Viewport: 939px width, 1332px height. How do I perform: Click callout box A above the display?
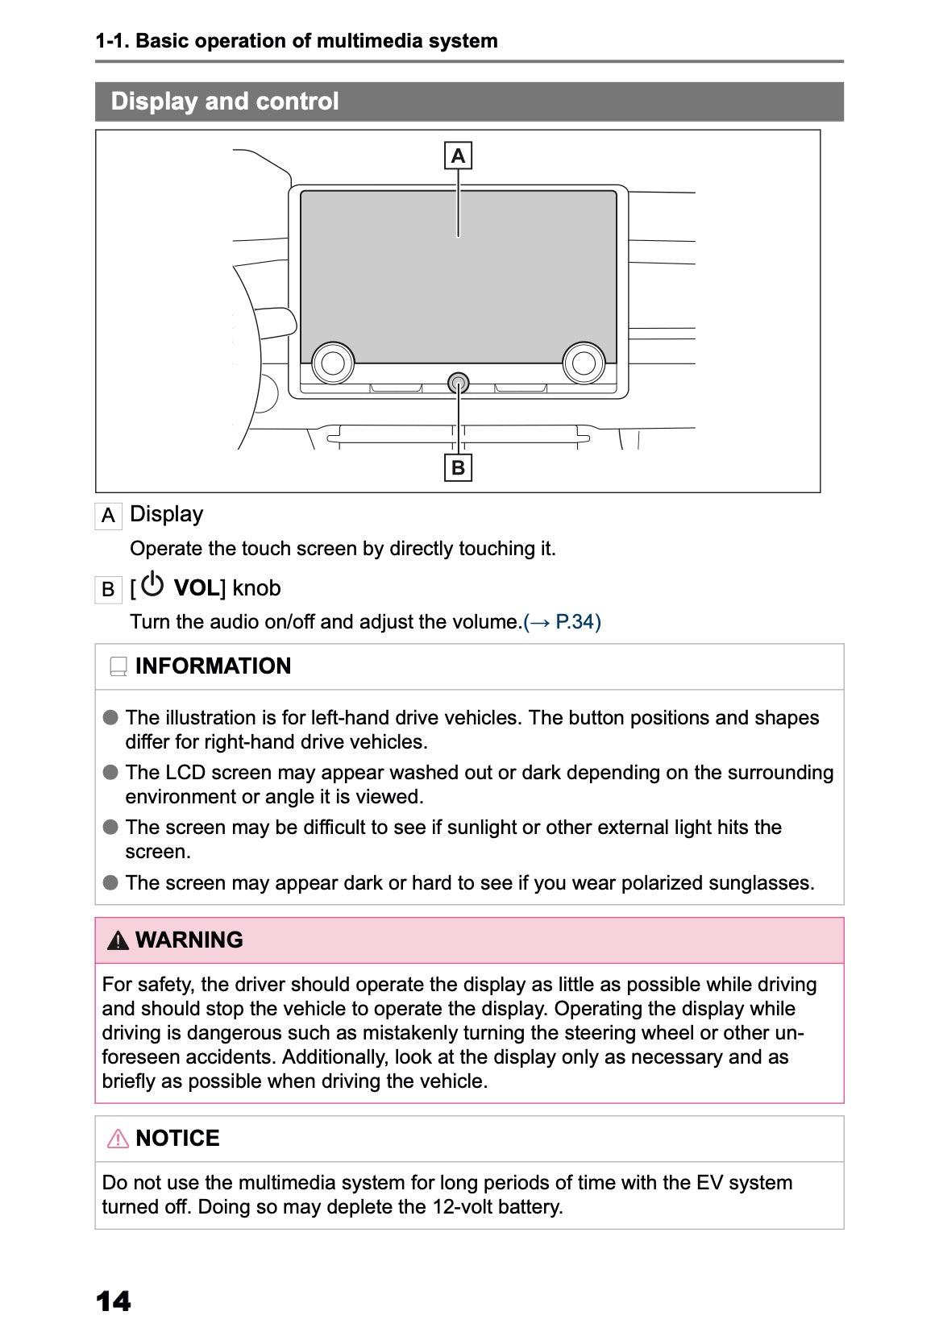[x=458, y=156]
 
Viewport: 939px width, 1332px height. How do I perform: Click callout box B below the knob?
[x=458, y=467]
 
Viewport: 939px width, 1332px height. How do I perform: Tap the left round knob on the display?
[x=333, y=363]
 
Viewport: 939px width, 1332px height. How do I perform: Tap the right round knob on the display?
[x=584, y=363]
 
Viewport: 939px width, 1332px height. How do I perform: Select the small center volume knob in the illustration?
[x=458, y=383]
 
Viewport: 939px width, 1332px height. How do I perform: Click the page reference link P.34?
[x=563, y=622]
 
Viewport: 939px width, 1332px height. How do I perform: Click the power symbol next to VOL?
[x=152, y=585]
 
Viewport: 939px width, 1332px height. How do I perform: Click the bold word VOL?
[x=196, y=588]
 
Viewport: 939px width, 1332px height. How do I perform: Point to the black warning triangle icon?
[x=118, y=940]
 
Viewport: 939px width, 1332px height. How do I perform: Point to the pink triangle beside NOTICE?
[x=118, y=1139]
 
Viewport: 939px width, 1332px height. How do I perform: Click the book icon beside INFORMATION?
[x=118, y=667]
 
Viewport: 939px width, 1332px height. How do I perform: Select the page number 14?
[x=113, y=1301]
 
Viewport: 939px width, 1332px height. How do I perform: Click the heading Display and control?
[x=225, y=102]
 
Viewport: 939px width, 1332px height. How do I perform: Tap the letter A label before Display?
[x=108, y=516]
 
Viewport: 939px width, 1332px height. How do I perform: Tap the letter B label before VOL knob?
[x=108, y=590]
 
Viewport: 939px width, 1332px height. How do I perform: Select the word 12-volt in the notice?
[x=467, y=1207]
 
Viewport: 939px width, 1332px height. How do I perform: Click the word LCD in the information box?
[x=185, y=773]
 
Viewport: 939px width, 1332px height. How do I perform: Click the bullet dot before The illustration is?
[x=110, y=717]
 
